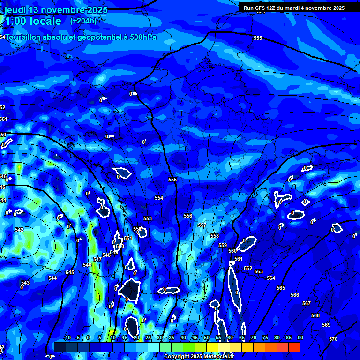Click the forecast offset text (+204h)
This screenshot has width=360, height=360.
point(83,21)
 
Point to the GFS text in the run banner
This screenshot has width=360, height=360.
point(261,8)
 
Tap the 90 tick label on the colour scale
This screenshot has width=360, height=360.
point(300,337)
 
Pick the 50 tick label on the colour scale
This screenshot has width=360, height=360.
point(207,337)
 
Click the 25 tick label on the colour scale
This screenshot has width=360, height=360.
point(148,337)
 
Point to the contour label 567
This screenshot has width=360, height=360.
point(307,303)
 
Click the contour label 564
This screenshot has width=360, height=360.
point(271,278)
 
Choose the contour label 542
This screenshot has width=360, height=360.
point(19,230)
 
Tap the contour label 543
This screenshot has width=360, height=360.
point(25,283)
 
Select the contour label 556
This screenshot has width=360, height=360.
point(188,216)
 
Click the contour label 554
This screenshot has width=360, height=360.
point(159,198)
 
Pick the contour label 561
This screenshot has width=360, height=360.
point(239,259)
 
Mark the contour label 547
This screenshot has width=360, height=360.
point(97,259)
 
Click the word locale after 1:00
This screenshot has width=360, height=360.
point(44,21)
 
